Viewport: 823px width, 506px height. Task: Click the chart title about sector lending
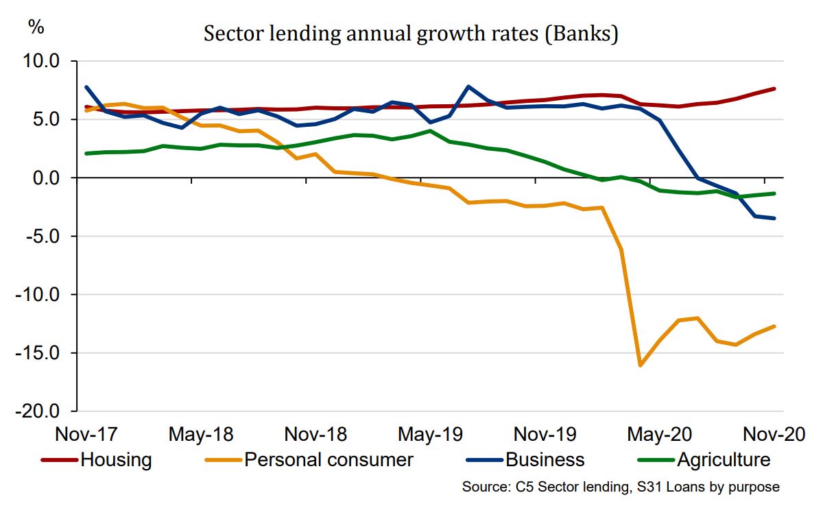tap(411, 34)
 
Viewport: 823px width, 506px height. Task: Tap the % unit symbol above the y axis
tap(36, 27)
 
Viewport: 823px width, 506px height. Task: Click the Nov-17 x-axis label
tap(86, 435)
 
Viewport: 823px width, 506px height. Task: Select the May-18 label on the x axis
tap(201, 435)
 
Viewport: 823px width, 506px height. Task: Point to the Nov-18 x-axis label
tap(315, 435)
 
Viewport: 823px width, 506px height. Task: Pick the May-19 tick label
tap(430, 435)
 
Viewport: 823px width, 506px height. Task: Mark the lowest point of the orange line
tap(641, 365)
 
